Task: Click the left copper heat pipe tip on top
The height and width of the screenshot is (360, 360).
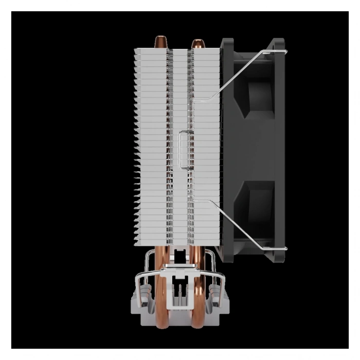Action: [x=161, y=41]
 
